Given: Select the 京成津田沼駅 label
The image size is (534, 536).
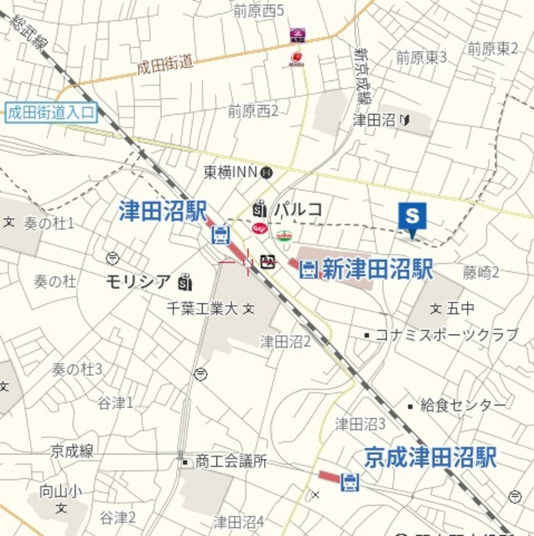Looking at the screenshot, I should tap(429, 457).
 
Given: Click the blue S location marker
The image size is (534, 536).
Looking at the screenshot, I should tap(412, 217).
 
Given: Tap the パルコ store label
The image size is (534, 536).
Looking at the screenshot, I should tap(299, 209).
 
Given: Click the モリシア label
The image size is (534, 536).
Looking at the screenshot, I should tap(138, 281).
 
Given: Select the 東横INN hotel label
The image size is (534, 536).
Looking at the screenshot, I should tap(231, 173).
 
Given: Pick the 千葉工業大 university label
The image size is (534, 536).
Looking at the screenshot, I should tap(201, 309).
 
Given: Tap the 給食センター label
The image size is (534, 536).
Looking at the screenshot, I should tap(463, 405).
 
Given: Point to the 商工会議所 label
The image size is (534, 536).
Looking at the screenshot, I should tap(231, 461).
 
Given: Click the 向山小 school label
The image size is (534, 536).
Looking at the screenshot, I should tap(60, 492).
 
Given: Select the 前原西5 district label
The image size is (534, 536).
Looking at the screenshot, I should tap(258, 11).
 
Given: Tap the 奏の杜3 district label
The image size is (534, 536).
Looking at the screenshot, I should tap(77, 369).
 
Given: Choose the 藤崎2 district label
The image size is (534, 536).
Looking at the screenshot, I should tap(480, 272).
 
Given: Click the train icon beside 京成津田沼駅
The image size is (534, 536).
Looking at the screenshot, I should tap(350, 481).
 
